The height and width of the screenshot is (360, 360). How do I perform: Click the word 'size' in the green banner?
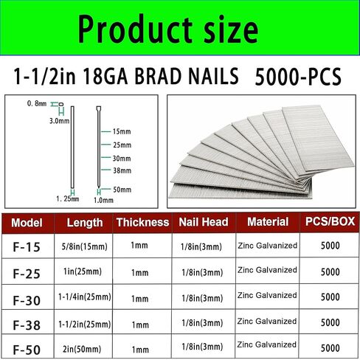pyautogui.click(x=220, y=31)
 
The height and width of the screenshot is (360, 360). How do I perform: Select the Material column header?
pyautogui.click(x=268, y=221)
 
